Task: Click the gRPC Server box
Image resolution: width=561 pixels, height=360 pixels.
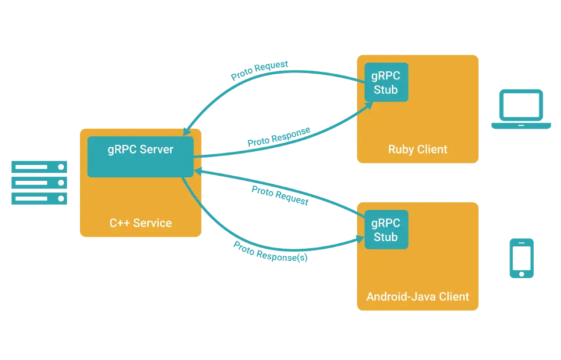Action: [x=140, y=157]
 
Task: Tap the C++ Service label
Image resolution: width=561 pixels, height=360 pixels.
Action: [x=141, y=223]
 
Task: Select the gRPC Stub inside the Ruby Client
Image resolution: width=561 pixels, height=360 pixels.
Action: [x=385, y=82]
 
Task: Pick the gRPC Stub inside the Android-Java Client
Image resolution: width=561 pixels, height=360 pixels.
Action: [x=385, y=230]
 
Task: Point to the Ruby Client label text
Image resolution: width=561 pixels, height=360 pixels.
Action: [x=417, y=150]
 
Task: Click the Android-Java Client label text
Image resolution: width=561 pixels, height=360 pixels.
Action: [x=417, y=297]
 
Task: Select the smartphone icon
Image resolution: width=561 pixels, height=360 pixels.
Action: [x=522, y=257]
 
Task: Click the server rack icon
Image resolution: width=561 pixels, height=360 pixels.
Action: [x=39, y=183]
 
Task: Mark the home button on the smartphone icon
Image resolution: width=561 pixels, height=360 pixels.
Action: [x=522, y=272]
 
